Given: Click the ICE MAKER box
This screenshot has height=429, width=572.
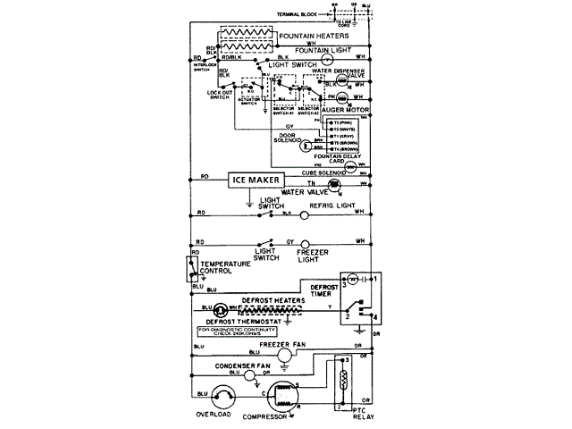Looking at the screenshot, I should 251,180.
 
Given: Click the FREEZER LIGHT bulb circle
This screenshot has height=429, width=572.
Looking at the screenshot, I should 304,243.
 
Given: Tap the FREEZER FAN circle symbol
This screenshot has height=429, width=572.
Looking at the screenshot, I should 283,356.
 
